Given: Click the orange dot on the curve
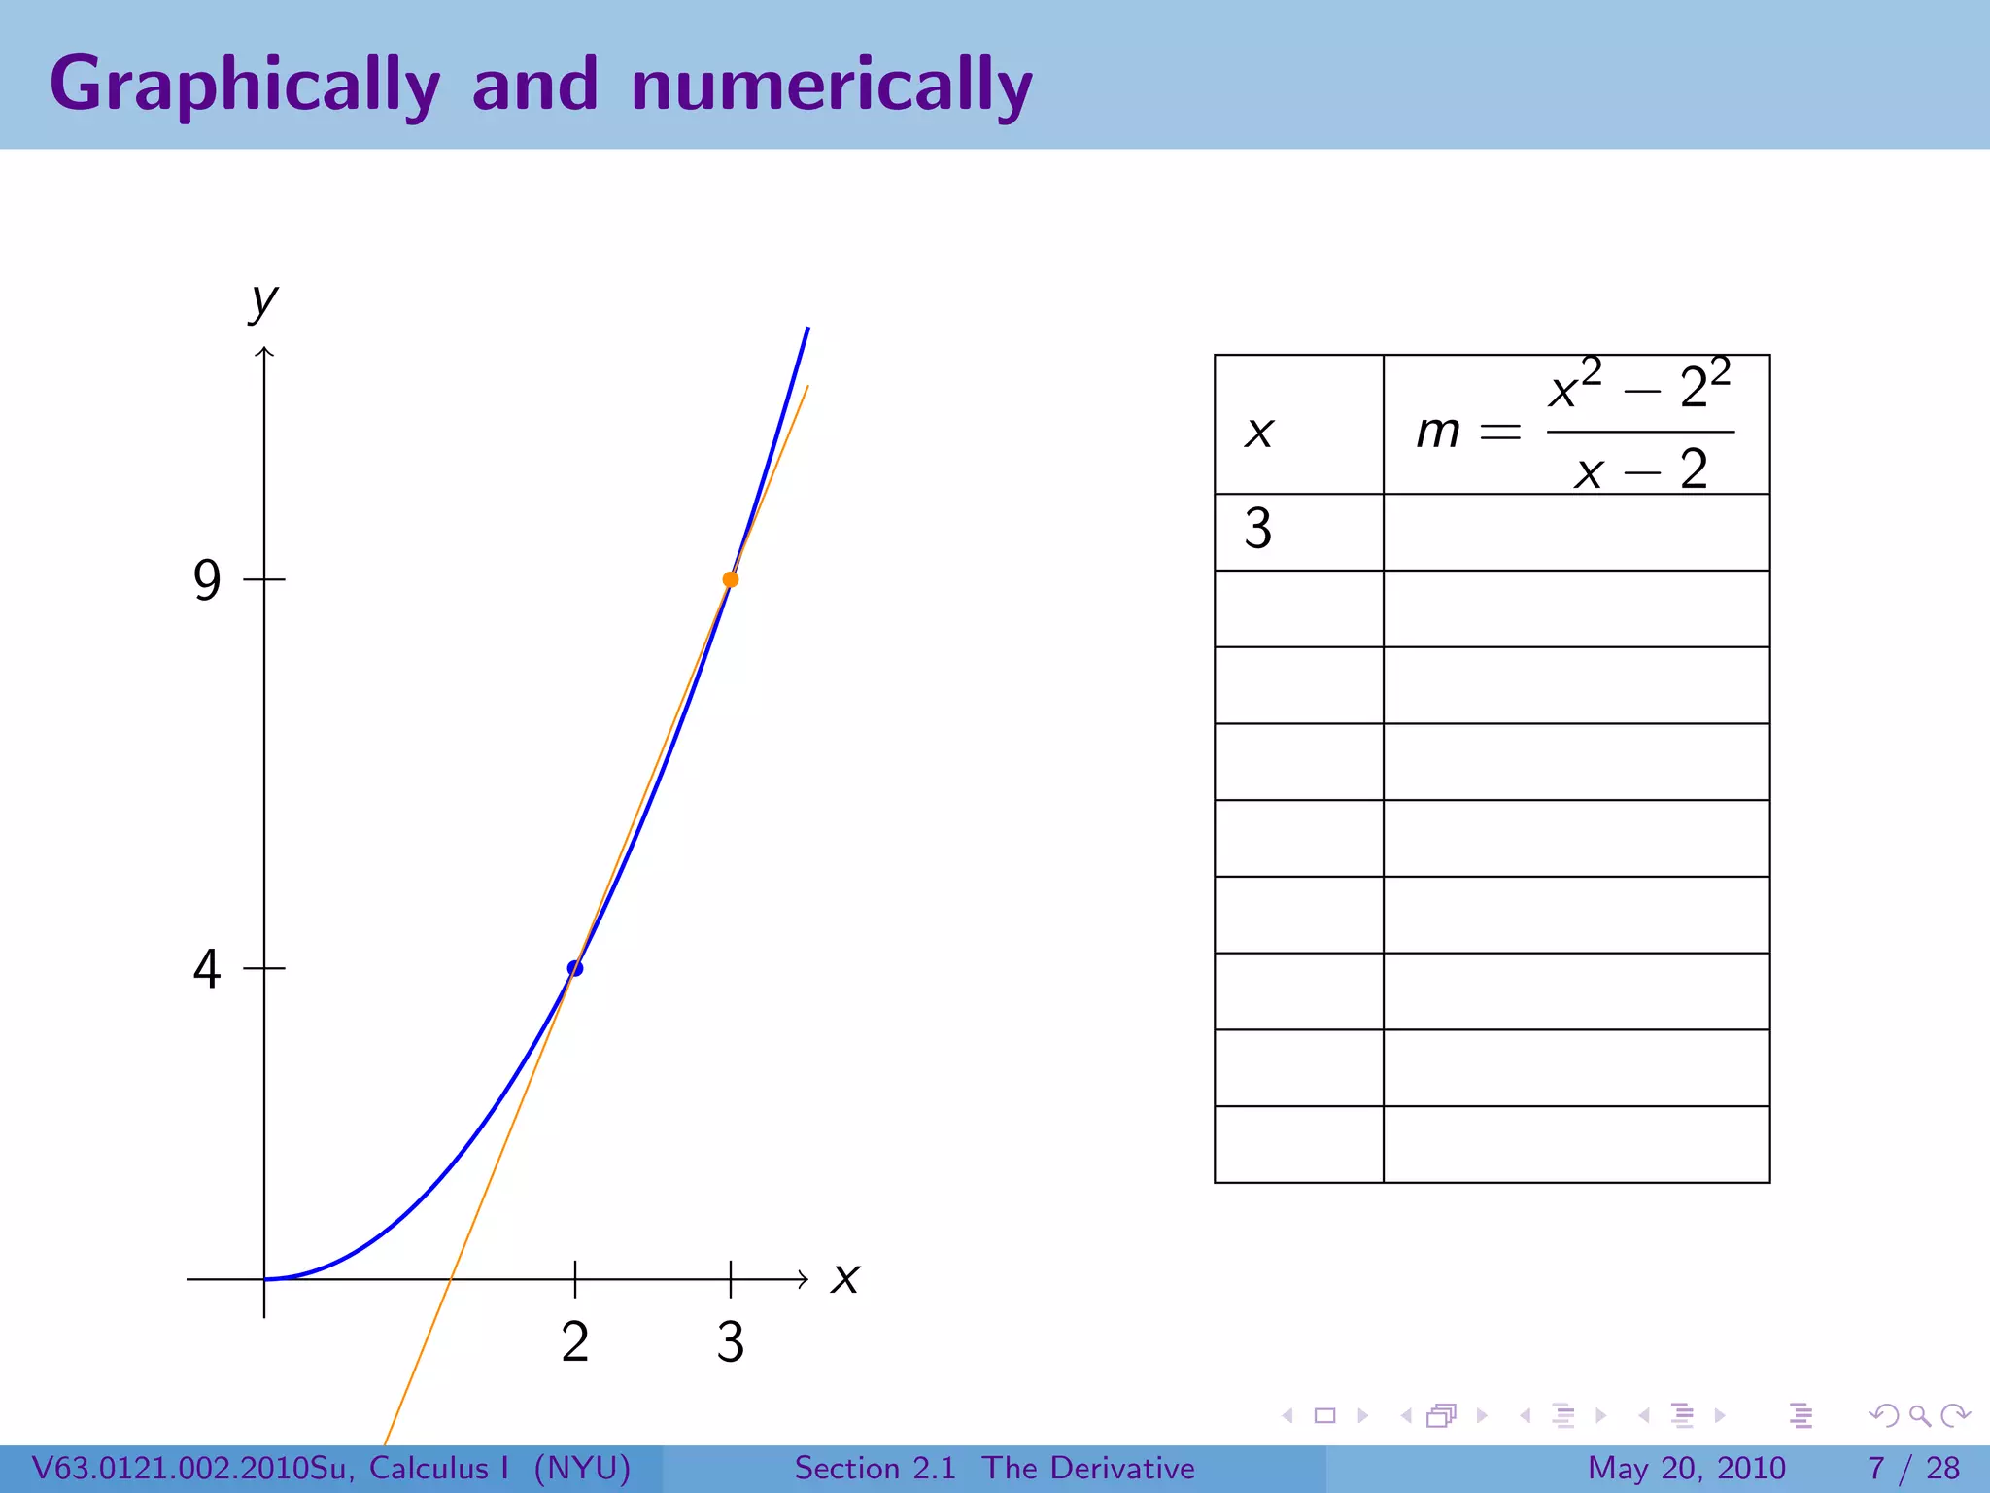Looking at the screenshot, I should tap(731, 579).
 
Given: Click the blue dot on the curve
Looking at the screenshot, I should tap(575, 968).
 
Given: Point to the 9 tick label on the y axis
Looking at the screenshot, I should tap(207, 580).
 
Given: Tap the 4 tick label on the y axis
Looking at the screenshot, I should tap(207, 969).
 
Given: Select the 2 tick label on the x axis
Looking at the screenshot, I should tap(575, 1342).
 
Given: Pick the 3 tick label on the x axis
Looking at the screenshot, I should tap(731, 1342).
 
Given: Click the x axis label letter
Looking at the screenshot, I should tap(845, 1278).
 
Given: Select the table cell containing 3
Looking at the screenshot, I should tap(1258, 530).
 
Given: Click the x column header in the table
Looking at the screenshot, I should tap(1259, 432).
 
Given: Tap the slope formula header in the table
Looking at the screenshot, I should tap(1575, 426).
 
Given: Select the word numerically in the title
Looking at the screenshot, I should tap(832, 86).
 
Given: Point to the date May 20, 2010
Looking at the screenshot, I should tap(1687, 1468).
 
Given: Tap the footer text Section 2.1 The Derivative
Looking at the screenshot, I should tap(994, 1468).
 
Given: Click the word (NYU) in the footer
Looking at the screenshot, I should tap(582, 1468).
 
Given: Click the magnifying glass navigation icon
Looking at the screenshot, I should tap(1919, 1415).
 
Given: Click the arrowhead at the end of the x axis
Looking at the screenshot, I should tap(804, 1279).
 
